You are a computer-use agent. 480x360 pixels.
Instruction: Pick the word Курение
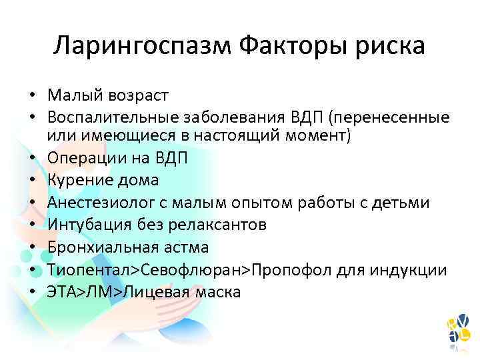tap(79, 181)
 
